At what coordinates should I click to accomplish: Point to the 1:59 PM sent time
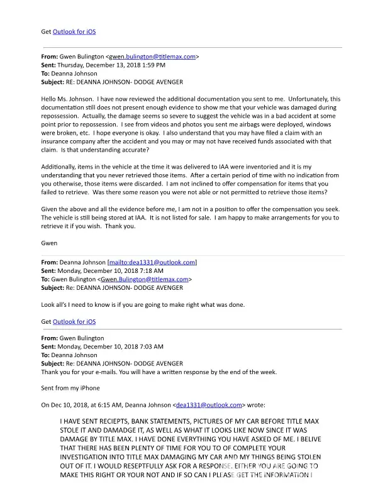[153, 65]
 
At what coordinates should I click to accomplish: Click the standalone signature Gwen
[49, 243]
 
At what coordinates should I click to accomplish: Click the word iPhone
[89, 389]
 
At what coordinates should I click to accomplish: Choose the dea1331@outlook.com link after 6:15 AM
[209, 405]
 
